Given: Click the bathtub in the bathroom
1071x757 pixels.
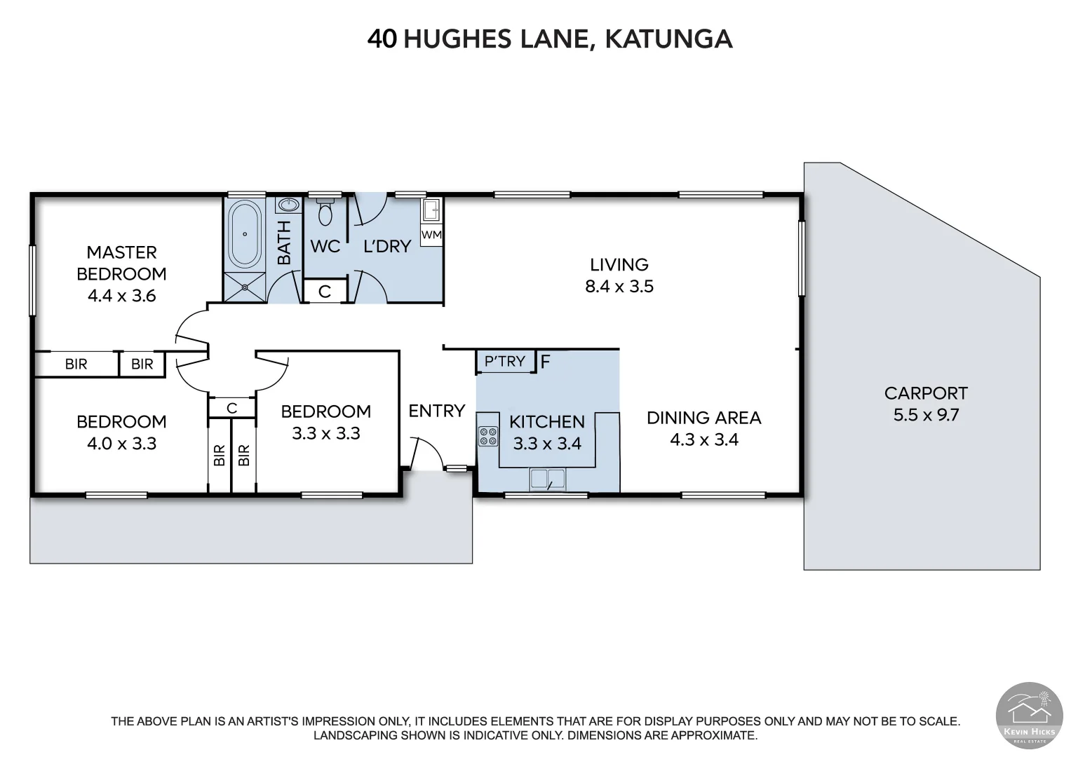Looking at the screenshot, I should click(x=244, y=233).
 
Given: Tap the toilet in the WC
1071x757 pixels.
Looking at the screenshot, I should click(x=325, y=212).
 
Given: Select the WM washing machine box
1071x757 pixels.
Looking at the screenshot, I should click(x=431, y=235).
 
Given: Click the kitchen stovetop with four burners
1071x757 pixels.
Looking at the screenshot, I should click(x=487, y=437).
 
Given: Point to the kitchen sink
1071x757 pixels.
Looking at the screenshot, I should click(x=547, y=479).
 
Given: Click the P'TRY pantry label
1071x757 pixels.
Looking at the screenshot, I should click(x=505, y=361).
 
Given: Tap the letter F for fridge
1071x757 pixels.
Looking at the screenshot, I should click(x=545, y=362).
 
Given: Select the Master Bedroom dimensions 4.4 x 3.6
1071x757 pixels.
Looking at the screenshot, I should click(x=121, y=296).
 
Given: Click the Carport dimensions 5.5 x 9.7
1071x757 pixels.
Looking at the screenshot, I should click(x=926, y=415).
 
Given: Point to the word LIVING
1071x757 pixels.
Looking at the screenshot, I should click(x=619, y=265).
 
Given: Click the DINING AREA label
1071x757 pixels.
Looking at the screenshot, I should click(x=703, y=418).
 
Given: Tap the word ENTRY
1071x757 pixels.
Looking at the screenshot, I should click(x=436, y=411).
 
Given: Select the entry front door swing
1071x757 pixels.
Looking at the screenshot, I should click(x=428, y=452).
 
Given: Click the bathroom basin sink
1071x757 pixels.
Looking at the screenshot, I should click(x=287, y=205).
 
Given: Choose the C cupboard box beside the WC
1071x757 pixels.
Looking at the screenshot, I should click(x=325, y=291).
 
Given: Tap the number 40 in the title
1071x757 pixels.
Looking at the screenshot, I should click(x=382, y=39).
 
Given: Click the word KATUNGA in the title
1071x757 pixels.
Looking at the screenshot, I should click(x=668, y=39).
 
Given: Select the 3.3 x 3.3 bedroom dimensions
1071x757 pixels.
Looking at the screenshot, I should click(x=325, y=433).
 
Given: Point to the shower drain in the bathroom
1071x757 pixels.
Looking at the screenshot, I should click(x=244, y=286).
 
